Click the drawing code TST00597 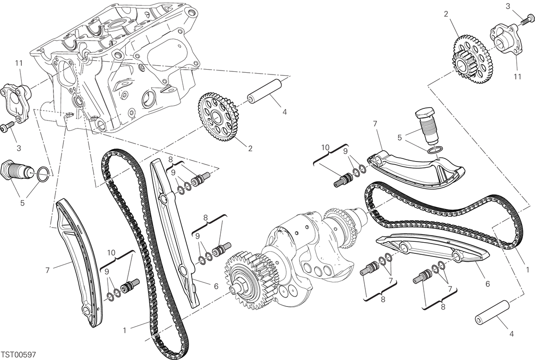(x=19, y=354)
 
